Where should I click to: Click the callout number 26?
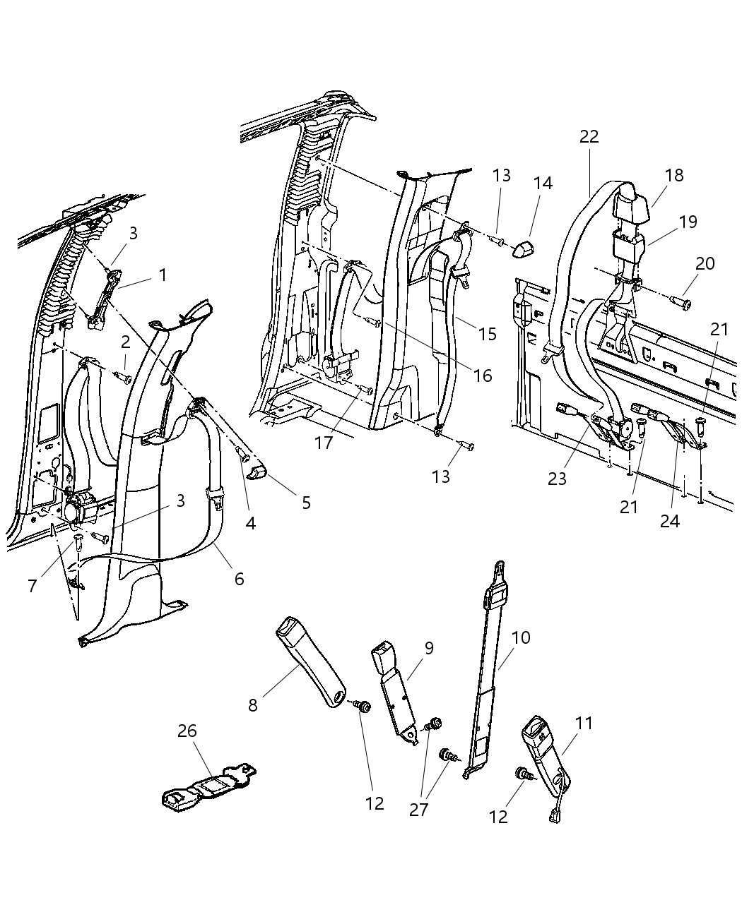(x=187, y=731)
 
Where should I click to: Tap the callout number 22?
(x=589, y=137)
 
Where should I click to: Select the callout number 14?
(x=543, y=183)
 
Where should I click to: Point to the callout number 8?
(x=252, y=705)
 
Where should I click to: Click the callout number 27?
(x=419, y=809)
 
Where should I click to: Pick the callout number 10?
(x=521, y=637)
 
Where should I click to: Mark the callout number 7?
(x=33, y=586)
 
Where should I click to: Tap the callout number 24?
(x=669, y=521)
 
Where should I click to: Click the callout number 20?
(x=705, y=264)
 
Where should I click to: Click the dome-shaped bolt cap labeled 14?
(x=526, y=248)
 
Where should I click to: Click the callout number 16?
(x=483, y=375)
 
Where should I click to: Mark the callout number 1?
(x=163, y=275)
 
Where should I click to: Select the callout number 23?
(x=558, y=479)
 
